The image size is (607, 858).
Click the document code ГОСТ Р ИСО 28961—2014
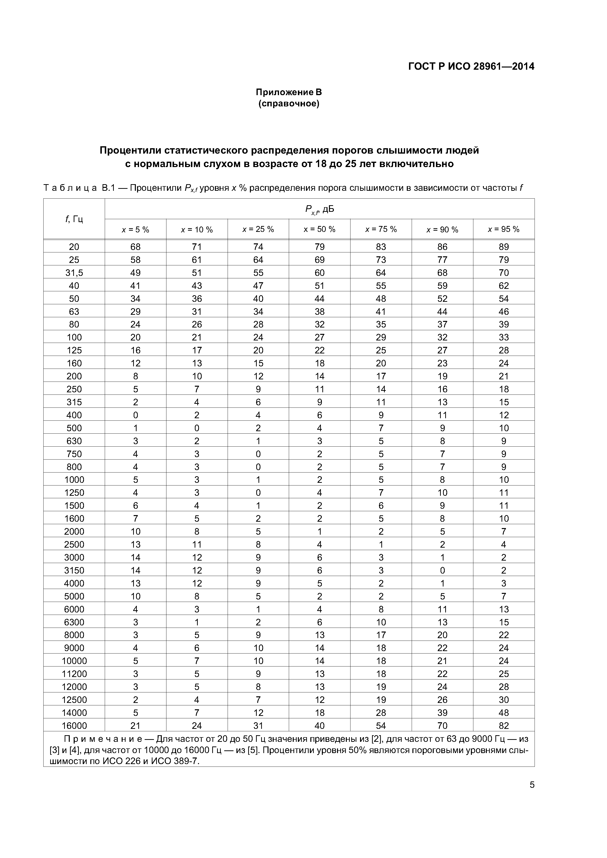tap(471, 67)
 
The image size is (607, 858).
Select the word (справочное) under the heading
tap(289, 103)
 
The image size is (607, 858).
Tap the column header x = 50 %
tap(319, 229)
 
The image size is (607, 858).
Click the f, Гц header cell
tap(74, 219)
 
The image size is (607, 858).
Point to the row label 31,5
tap(74, 273)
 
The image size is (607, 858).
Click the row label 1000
tap(74, 480)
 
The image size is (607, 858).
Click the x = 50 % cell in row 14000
tap(319, 713)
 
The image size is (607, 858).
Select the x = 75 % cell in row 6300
tap(381, 622)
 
